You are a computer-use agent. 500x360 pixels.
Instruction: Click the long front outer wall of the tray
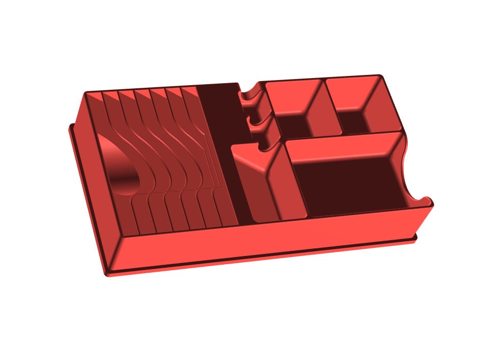265,235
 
